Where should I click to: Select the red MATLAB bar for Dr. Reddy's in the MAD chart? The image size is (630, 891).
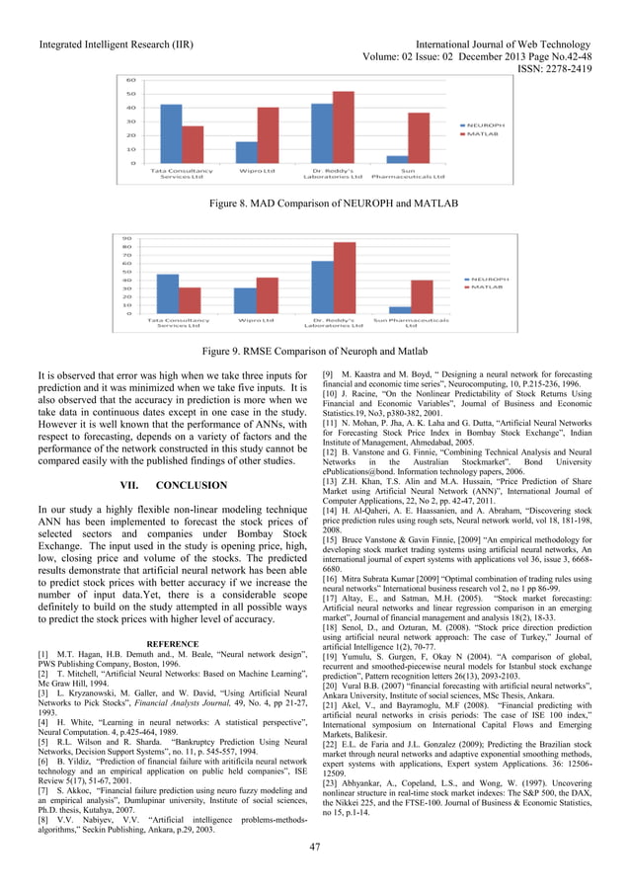tap(343, 127)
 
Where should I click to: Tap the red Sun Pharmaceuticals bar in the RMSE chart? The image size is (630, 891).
tap(422, 296)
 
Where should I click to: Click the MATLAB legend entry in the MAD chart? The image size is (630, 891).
tap(484, 137)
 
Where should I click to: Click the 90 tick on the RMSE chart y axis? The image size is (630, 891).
tap(127, 238)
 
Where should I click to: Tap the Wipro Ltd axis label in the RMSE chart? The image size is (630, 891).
tap(255, 321)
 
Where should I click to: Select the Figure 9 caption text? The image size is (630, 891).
tap(314, 351)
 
